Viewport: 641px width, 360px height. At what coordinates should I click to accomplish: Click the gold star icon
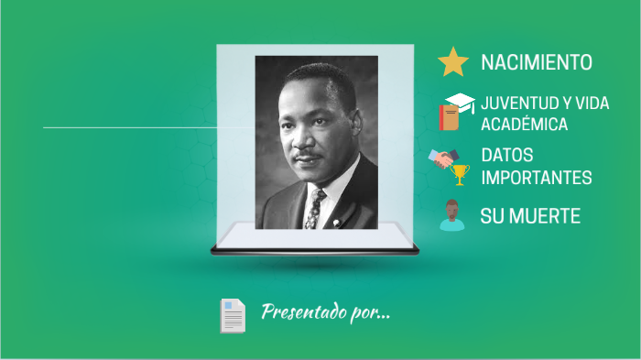point(453,61)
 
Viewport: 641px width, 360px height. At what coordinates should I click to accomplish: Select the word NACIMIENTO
point(536,62)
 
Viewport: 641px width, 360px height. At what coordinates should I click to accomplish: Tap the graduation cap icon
point(460,103)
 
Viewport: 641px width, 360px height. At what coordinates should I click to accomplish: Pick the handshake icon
point(444,159)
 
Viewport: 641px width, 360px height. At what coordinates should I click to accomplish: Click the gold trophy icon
point(461,173)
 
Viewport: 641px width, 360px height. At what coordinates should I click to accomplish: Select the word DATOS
point(507,156)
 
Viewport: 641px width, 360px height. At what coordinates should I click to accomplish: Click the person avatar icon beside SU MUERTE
point(451,216)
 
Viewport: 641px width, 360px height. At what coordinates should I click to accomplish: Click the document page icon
point(233,315)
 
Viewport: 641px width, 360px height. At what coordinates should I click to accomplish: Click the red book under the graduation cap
point(449,118)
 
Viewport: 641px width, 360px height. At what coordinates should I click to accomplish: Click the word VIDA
point(591,104)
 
